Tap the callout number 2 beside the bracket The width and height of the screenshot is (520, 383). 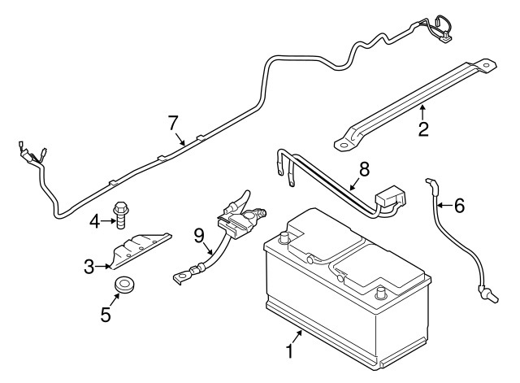423,128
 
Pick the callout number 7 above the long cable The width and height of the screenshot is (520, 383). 172,123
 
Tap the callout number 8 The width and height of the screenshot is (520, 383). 364,170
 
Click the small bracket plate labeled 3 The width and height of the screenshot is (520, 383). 138,248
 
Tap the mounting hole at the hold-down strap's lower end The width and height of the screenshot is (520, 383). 342,144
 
